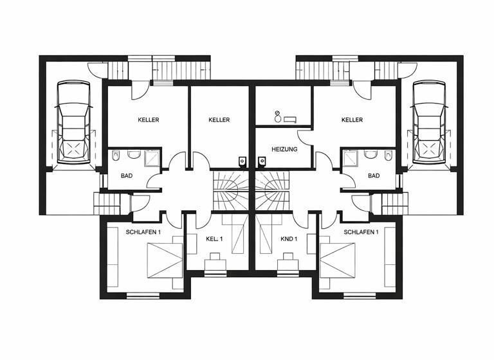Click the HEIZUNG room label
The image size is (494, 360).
tap(284, 148)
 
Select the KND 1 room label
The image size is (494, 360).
tap(289, 239)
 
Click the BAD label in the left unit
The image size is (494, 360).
tap(127, 175)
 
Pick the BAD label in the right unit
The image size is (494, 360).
tap(374, 175)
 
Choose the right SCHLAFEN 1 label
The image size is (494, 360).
tap(360, 231)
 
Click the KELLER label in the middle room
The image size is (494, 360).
tap(219, 120)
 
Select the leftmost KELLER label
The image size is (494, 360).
tap(148, 120)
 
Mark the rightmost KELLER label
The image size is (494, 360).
tap(352, 120)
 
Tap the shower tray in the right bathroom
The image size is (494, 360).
tap(351, 158)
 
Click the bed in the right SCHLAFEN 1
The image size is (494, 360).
tap(337, 260)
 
